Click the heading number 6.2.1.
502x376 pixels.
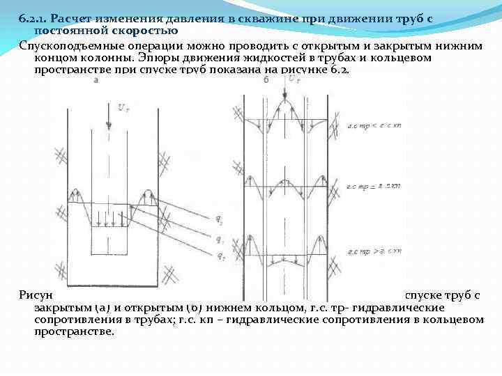[x=32, y=18]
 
